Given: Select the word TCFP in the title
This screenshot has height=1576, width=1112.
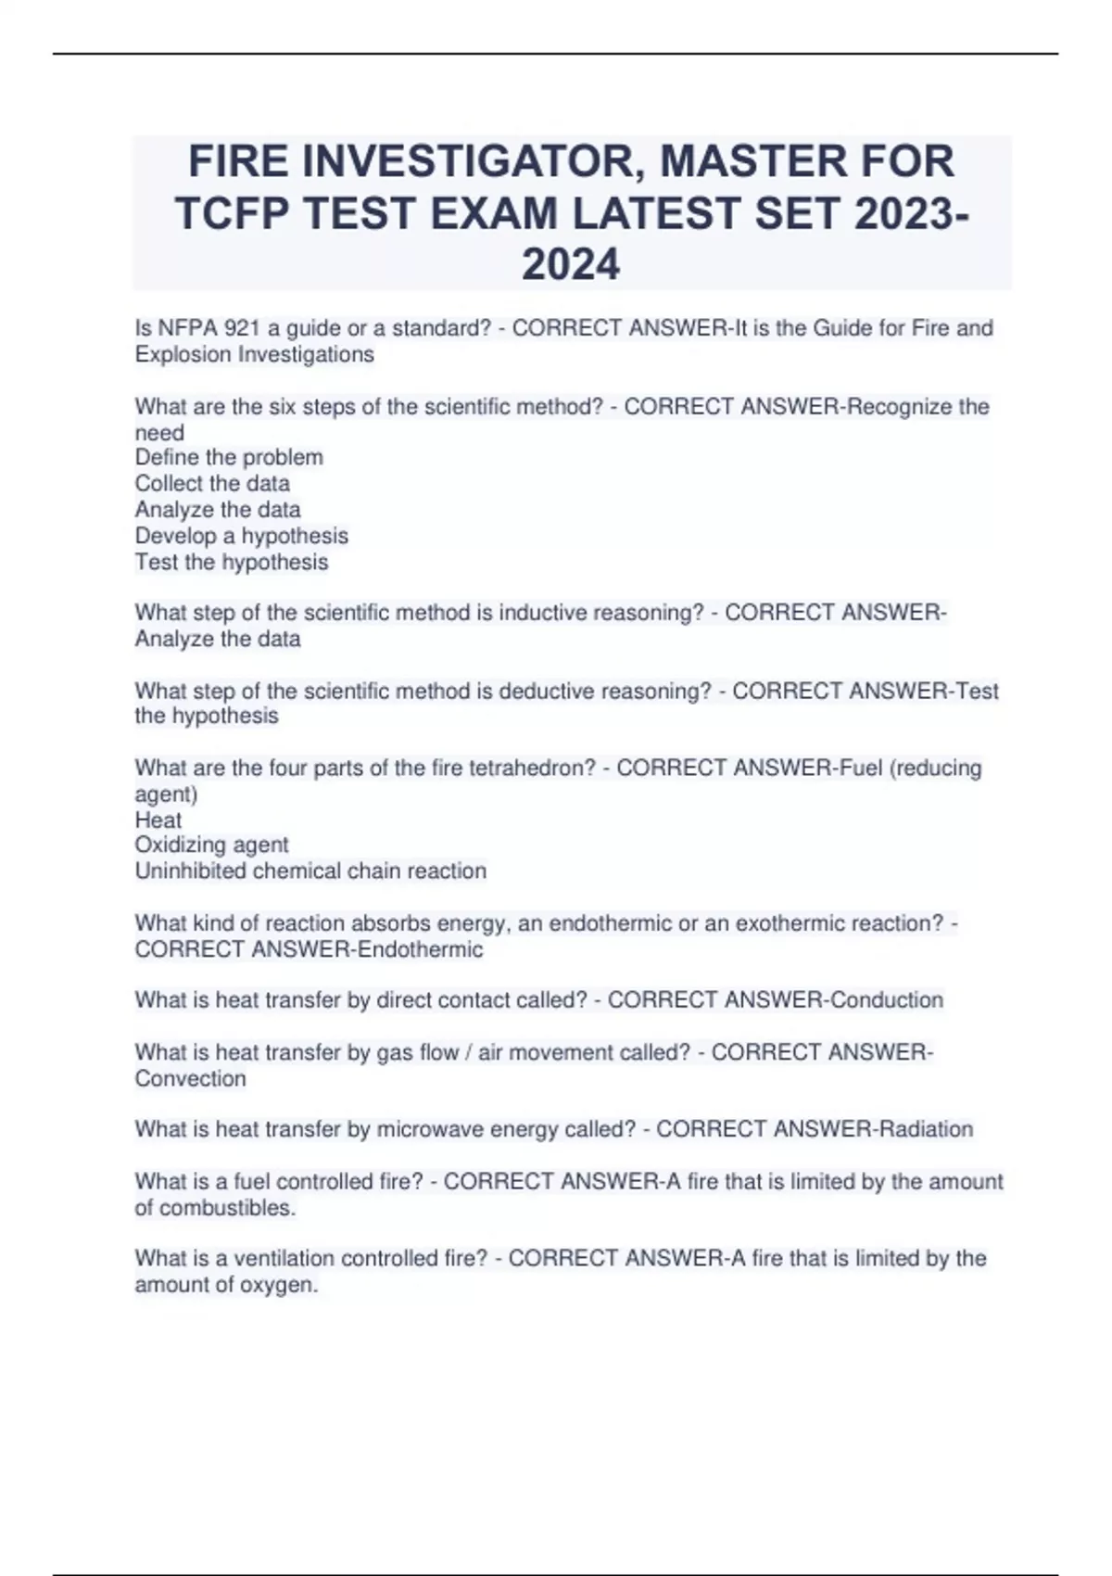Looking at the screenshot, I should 231,214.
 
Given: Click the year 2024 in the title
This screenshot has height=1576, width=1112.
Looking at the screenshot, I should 571,265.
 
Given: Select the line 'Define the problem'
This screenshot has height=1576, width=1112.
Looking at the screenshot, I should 229,457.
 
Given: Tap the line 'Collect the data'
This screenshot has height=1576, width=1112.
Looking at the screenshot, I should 212,483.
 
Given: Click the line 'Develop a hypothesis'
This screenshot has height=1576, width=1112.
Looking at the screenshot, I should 242,536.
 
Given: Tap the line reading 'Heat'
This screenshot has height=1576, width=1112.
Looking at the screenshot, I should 158,820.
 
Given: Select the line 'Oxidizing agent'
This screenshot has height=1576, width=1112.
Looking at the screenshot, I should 212,845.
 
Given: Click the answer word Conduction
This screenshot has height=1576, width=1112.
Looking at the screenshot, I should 887,1000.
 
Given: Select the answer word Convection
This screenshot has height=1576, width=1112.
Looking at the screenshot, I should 191,1078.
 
